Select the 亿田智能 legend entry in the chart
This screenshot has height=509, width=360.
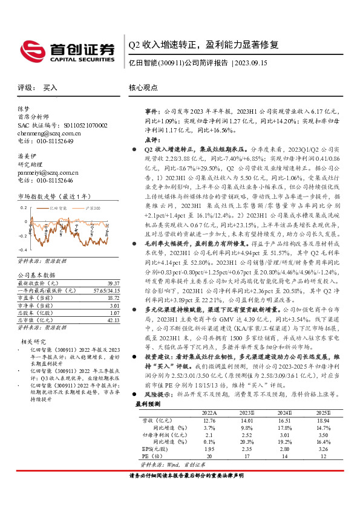click(54, 207)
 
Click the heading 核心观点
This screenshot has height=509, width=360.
click(144, 87)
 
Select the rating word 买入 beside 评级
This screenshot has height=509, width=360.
click(51, 88)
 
